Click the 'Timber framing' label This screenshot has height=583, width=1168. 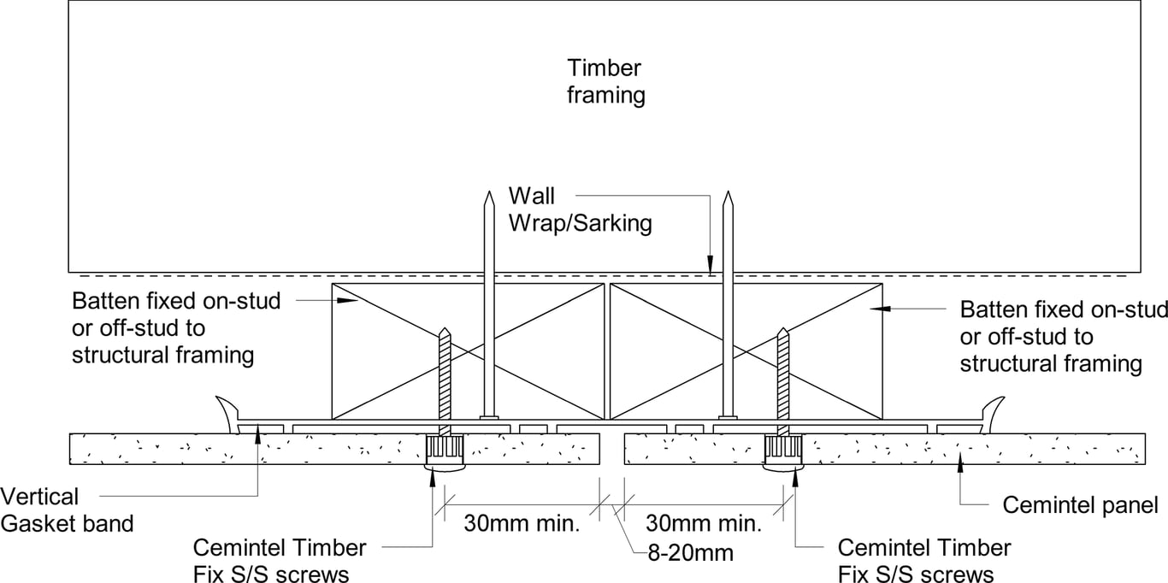click(x=606, y=81)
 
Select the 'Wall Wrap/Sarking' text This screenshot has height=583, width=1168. click(x=581, y=210)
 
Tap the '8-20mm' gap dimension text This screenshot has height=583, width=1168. click(x=690, y=552)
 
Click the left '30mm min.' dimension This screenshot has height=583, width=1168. click(x=522, y=522)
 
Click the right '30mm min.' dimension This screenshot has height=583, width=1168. click(x=704, y=522)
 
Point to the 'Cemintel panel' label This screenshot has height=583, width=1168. click(x=1080, y=504)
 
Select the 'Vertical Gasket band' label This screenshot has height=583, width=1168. click(x=67, y=509)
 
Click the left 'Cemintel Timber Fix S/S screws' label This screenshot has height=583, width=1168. click(x=280, y=560)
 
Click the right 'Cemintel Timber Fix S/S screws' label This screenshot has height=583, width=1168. click(x=924, y=560)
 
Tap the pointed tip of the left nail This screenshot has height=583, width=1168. click(x=487, y=196)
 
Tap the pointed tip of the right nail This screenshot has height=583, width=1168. click(x=728, y=196)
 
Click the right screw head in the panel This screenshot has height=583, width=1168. click(x=782, y=448)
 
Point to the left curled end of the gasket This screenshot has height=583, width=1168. click(x=226, y=409)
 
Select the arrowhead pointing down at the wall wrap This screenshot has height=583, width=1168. click(x=709, y=267)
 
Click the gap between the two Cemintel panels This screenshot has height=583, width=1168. click(x=611, y=448)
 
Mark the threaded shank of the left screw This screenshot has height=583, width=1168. click(x=444, y=380)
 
